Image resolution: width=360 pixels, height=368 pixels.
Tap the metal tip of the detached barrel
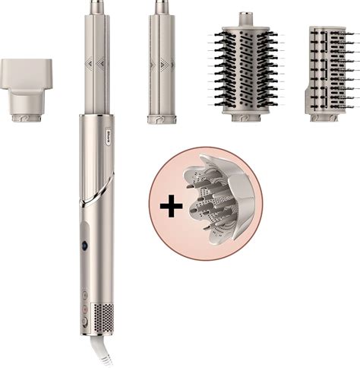click(x=161, y=8)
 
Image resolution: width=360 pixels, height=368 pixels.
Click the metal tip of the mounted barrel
click(x=97, y=8)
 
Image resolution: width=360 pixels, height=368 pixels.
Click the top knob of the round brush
click(x=246, y=18)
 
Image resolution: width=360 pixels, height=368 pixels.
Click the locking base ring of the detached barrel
click(x=161, y=119)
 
